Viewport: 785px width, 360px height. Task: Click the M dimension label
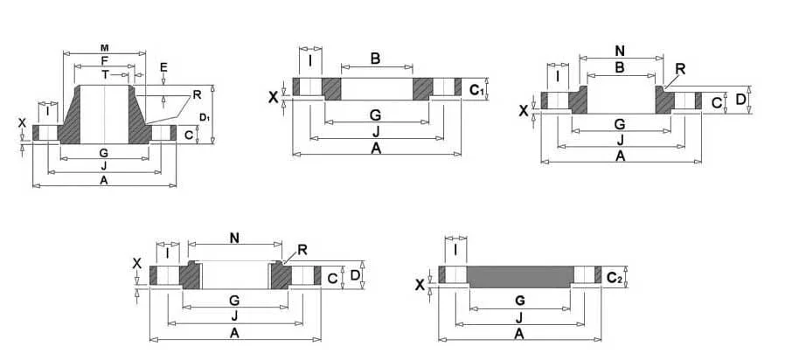coord(104,47)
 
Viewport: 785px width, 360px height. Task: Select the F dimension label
coord(104,60)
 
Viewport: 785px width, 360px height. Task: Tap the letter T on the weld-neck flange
coord(105,74)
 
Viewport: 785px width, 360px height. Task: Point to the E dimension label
coord(163,66)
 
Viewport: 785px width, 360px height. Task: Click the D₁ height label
coord(204,116)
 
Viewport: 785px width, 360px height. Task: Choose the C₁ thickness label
coord(476,90)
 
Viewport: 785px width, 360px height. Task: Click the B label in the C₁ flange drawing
coord(375,59)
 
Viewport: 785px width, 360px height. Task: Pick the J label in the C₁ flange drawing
coord(375,130)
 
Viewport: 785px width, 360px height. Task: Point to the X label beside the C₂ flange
coord(420,285)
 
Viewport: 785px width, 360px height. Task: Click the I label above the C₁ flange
coord(310,60)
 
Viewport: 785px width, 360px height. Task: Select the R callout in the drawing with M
coord(197,94)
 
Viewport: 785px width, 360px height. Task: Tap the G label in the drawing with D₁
coord(103,153)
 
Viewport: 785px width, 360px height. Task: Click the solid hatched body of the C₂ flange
coord(519,275)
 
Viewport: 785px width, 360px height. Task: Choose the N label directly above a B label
coord(619,52)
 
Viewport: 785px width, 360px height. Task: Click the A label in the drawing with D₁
coord(103,180)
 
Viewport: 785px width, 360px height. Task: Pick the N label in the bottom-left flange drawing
coord(234,238)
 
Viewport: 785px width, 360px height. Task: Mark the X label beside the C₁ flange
coord(274,97)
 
